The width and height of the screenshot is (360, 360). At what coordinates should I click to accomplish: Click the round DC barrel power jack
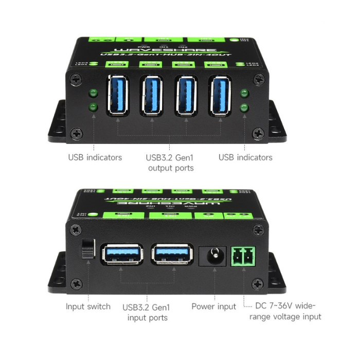tap(212, 256)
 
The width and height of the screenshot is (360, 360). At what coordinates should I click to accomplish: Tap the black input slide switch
tap(88, 248)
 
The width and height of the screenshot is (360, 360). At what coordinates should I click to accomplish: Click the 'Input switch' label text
tap(88, 307)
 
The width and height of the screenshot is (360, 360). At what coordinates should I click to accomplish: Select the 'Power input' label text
tap(213, 307)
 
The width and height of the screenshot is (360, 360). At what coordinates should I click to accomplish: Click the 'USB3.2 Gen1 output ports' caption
tap(171, 163)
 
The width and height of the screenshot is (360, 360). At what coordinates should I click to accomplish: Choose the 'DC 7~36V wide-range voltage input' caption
tap(285, 312)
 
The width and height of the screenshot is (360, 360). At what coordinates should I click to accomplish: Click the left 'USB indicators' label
tap(95, 157)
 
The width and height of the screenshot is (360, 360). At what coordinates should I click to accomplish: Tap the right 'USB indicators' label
tap(245, 157)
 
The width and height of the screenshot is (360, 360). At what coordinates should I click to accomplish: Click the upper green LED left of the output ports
tap(94, 93)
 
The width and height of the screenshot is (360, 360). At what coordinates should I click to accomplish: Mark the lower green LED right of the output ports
tap(245, 107)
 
